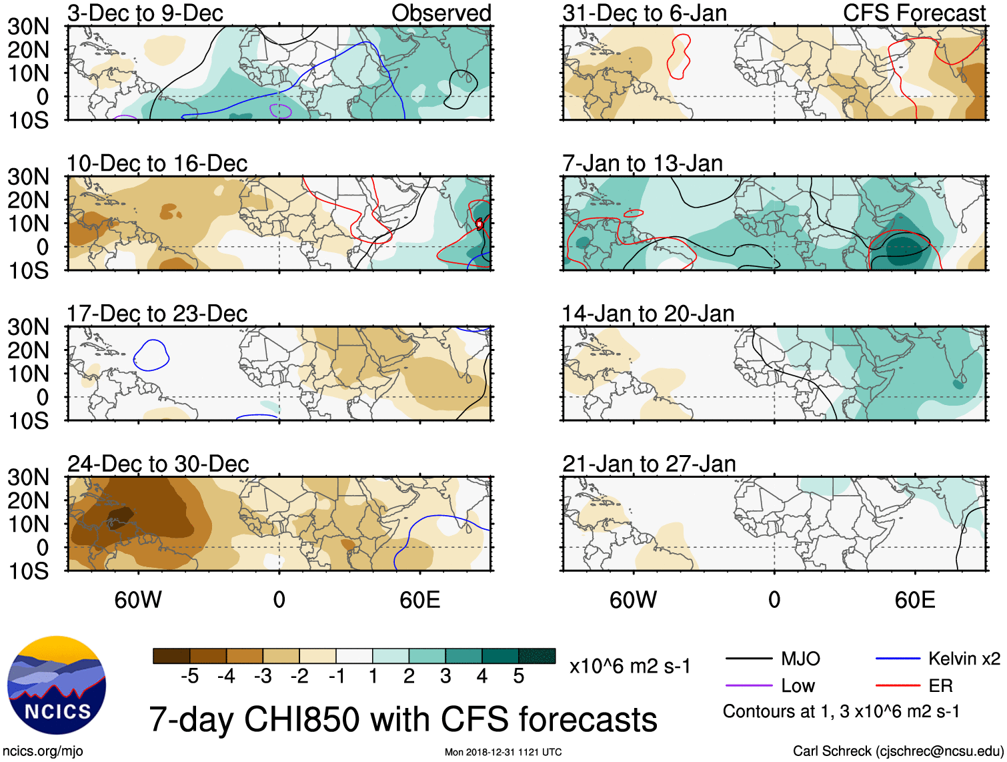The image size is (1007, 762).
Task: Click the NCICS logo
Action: point(57,685)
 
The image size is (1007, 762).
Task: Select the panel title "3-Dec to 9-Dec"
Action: point(145,13)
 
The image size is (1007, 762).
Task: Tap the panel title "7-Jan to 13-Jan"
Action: point(642,163)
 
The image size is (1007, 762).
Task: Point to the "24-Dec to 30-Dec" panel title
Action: point(158,464)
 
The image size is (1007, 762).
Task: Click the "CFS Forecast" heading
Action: point(914,13)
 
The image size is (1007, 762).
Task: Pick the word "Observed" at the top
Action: point(441,13)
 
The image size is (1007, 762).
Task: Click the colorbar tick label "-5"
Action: point(189,677)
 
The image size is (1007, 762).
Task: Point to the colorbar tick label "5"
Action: point(518,677)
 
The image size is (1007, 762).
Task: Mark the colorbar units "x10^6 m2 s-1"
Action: point(630,667)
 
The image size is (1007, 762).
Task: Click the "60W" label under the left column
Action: point(138,600)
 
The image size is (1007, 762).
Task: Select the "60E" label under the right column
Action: point(914,600)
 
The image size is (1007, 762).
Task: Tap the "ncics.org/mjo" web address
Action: point(43,751)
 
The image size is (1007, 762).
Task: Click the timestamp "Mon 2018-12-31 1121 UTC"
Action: point(503,752)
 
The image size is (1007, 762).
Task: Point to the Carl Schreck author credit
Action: point(897,751)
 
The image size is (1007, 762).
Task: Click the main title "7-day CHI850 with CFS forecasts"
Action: point(403,720)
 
